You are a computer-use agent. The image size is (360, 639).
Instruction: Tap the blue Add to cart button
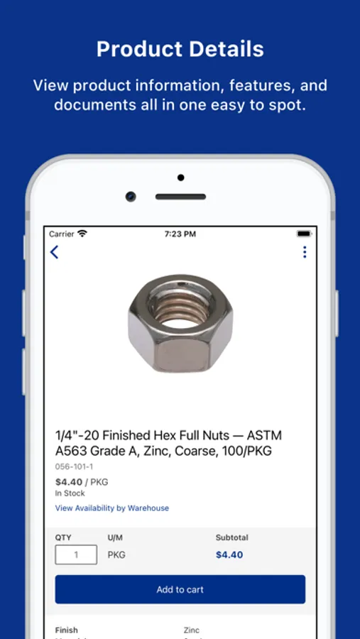(180, 589)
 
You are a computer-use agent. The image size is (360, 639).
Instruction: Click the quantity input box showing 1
(76, 555)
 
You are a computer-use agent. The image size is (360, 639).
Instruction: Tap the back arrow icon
(54, 252)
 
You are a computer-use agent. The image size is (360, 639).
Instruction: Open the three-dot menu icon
(305, 252)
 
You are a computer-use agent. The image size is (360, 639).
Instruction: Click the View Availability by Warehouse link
(112, 508)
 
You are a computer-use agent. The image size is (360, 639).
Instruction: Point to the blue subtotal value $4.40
(229, 555)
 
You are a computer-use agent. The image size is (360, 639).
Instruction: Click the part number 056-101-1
(75, 466)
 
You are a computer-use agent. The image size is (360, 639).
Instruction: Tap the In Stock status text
(70, 493)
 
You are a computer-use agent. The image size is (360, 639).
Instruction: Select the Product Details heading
(180, 49)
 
